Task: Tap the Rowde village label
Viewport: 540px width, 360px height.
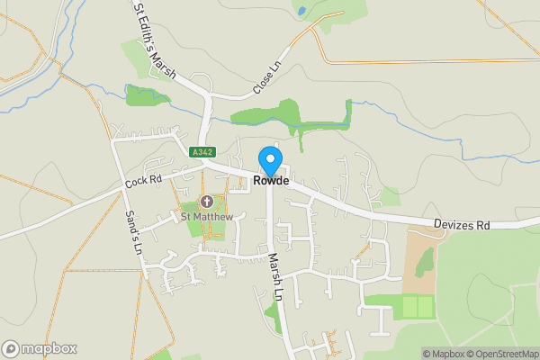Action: pos(270,181)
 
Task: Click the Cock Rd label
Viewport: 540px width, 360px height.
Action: pos(143,181)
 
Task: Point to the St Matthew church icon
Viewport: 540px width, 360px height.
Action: pos(207,201)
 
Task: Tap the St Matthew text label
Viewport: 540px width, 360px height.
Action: pos(207,217)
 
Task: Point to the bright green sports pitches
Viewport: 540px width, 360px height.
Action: pos(417,307)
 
